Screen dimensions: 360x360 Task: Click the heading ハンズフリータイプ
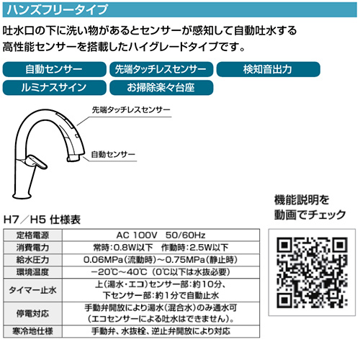pyautogui.click(x=57, y=9)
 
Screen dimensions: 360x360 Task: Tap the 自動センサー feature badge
pyautogui.click(x=54, y=69)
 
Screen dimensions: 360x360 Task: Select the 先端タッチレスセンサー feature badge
pyautogui.click(x=161, y=69)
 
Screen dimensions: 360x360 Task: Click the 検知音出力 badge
pyautogui.click(x=269, y=69)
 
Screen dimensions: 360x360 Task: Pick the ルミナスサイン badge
pyautogui.click(x=54, y=88)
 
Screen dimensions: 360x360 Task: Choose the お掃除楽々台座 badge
pyautogui.click(x=161, y=88)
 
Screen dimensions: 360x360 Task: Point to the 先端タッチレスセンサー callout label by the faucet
pyautogui.click(x=131, y=110)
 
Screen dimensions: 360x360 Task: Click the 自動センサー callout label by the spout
pyautogui.click(x=113, y=154)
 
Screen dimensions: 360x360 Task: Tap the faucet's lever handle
pyautogui.click(x=37, y=162)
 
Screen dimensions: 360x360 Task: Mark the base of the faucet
pyautogui.click(x=22, y=194)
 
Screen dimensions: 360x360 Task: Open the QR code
pyautogui.click(x=312, y=272)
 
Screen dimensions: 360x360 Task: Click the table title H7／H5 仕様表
pyautogui.click(x=42, y=220)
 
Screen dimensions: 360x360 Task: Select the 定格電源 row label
pyautogui.click(x=32, y=235)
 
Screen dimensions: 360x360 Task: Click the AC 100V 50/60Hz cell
pyautogui.click(x=161, y=235)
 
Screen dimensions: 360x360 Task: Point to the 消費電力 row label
pyautogui.click(x=32, y=248)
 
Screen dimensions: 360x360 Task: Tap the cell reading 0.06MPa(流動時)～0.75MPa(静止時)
pyautogui.click(x=161, y=260)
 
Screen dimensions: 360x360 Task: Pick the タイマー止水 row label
pyautogui.click(x=32, y=290)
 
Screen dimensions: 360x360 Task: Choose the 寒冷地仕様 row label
pyautogui.click(x=32, y=331)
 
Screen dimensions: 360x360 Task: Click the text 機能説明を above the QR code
pyautogui.click(x=302, y=200)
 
